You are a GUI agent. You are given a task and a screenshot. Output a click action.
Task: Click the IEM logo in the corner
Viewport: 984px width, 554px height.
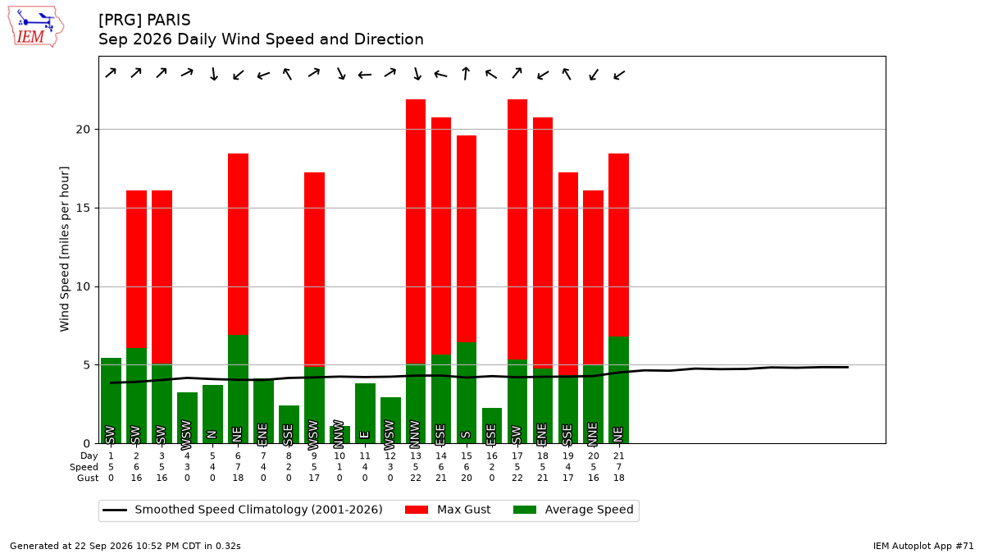coord(35,27)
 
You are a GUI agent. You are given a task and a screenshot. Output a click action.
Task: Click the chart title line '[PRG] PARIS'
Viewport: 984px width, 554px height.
coord(144,21)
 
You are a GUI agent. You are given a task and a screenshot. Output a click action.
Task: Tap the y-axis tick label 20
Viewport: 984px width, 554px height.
coord(83,130)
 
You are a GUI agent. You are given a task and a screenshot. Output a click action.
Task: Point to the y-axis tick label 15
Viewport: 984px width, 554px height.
coord(83,208)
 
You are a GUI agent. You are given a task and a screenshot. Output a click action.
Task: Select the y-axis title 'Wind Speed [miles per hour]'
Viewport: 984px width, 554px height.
coord(64,249)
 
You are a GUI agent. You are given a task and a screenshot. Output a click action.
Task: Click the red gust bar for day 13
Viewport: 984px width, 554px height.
coord(416,231)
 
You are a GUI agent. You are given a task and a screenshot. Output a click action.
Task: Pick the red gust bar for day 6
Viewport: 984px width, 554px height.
coord(238,245)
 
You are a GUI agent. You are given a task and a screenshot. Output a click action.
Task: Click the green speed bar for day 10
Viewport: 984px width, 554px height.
coord(339,435)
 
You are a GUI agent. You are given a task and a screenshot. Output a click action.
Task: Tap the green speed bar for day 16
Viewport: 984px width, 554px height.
coord(491,426)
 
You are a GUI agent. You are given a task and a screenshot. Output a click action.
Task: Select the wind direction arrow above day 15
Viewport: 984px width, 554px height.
coord(466,73)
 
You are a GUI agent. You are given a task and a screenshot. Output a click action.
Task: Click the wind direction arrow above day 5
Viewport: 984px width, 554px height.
coord(213,74)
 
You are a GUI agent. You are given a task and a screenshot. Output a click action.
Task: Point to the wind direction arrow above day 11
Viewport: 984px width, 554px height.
coord(365,76)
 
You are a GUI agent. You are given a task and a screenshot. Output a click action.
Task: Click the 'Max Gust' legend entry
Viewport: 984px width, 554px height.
coord(448,510)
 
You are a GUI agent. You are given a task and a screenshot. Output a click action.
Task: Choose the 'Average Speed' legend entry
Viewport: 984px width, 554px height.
coord(573,510)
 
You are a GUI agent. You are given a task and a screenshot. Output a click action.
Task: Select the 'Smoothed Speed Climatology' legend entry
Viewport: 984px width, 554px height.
coord(243,510)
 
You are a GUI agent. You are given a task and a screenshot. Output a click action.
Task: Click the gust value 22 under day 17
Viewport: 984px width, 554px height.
coord(517,478)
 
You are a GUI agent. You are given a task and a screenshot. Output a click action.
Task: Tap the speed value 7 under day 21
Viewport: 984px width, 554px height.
coord(618,467)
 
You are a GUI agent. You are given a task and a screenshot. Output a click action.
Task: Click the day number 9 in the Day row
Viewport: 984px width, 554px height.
coord(314,456)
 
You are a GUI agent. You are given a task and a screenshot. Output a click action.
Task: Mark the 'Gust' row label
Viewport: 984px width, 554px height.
coord(88,478)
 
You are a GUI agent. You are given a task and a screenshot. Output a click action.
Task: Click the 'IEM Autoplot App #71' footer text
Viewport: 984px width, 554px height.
coord(923,546)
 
